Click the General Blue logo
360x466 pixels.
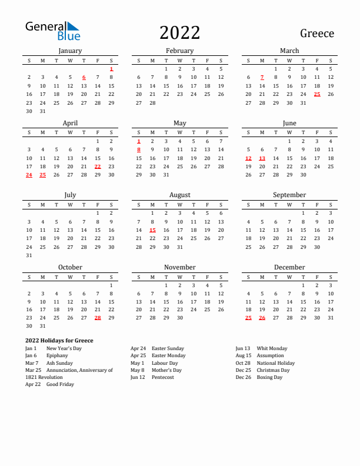click(52, 31)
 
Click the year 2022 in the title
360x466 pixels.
click(179, 32)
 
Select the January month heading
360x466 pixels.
click(70, 51)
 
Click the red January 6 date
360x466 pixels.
click(84, 77)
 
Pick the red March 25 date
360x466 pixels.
click(317, 94)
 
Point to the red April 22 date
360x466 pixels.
click(98, 167)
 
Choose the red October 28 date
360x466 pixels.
click(98, 318)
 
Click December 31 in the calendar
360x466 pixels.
click(331, 318)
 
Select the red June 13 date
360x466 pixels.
click(262, 158)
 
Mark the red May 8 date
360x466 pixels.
click(139, 149)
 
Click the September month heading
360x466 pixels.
click(289, 195)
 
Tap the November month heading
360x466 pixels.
click(179, 267)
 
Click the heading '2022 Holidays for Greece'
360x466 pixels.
click(59, 341)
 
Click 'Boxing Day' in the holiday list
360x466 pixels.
click(269, 377)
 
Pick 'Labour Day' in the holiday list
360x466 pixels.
click(164, 363)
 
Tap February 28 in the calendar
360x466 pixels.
click(152, 102)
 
